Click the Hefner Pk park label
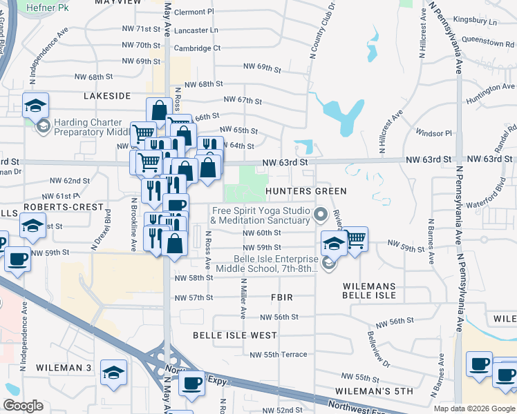pyautogui.click(x=48, y=8)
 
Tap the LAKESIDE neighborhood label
pyautogui.click(x=107, y=96)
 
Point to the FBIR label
pyautogui.click(x=282, y=297)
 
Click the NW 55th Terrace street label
pyautogui.click(x=279, y=354)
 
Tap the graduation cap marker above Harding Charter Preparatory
pyautogui.click(x=35, y=105)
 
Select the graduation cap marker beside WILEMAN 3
pyautogui.click(x=113, y=372)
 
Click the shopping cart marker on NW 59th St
pyautogui.click(x=355, y=239)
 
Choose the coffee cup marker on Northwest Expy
pyautogui.click(x=191, y=382)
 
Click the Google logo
pyautogui.click(x=23, y=406)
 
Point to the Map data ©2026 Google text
pyautogui.click(x=474, y=408)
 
